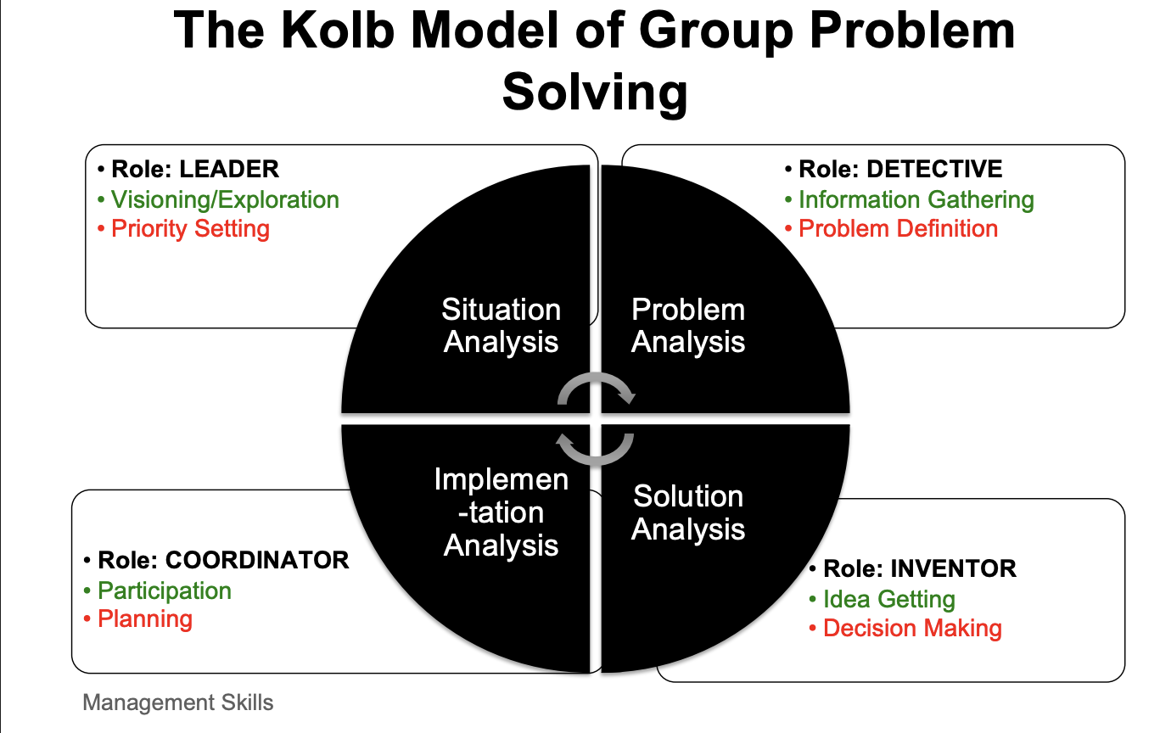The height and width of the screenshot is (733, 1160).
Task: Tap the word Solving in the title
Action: [595, 92]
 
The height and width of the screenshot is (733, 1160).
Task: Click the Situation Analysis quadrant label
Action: [502, 326]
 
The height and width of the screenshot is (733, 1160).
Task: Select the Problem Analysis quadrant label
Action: [688, 326]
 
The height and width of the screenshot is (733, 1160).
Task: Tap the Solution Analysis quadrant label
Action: [688, 512]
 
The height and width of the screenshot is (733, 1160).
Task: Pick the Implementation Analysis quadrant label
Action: [502, 512]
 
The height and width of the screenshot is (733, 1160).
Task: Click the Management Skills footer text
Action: [178, 702]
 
